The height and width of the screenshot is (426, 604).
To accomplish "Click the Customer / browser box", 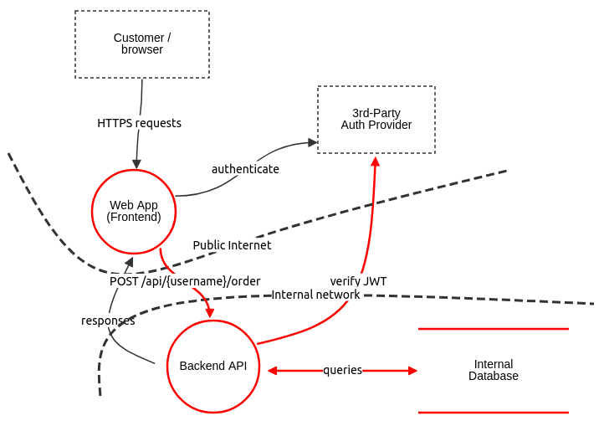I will [x=142, y=44].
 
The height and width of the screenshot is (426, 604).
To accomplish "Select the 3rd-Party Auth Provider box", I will [x=376, y=119].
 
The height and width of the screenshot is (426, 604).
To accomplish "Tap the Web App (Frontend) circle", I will [x=134, y=211].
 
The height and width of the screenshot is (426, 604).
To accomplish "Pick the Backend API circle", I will [x=213, y=366].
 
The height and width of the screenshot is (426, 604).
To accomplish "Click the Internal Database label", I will [x=494, y=370].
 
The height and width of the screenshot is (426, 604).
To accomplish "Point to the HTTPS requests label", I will [x=139, y=123].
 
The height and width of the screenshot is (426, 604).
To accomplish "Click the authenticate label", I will [x=245, y=169].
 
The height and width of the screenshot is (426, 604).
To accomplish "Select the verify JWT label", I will [x=358, y=281].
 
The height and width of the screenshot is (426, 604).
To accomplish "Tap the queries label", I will [x=342, y=370].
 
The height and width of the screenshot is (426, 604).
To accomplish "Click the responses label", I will [x=108, y=321].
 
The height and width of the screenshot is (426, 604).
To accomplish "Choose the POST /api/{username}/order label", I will [x=185, y=281].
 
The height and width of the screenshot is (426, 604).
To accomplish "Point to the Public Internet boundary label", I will [x=232, y=245].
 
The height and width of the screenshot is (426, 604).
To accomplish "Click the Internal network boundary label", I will [x=315, y=295].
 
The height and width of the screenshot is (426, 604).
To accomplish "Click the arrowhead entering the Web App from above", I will [x=136, y=164].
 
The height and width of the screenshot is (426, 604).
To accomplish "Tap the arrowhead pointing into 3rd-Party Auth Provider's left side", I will [x=313, y=142].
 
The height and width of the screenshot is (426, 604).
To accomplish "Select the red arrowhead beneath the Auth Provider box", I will [x=375, y=162].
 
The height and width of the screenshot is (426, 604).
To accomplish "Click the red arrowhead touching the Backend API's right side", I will [x=271, y=370].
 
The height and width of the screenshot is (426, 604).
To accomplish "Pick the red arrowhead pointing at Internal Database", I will [x=412, y=370].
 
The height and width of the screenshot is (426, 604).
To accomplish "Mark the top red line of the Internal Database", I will [x=494, y=329].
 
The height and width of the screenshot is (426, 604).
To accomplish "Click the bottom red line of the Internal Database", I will [x=494, y=412].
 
